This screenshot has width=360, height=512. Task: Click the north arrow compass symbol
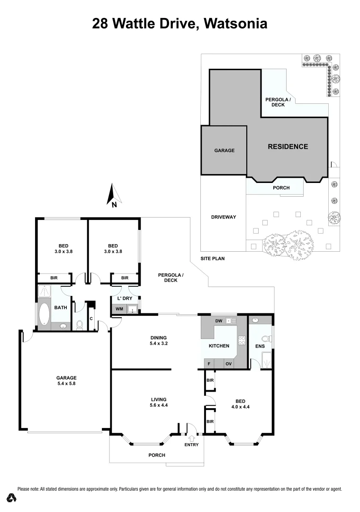tap(112, 195)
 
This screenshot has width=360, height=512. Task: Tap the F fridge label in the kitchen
tap(209, 364)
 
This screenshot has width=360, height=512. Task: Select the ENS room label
tap(260, 346)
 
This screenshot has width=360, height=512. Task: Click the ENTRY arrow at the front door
tap(192, 439)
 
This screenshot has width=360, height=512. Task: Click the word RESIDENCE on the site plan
tap(288, 146)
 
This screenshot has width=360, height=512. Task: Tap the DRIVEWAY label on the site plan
tap(223, 217)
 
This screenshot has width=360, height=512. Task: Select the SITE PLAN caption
tap(213, 259)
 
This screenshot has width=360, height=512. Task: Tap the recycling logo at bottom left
tap(12, 497)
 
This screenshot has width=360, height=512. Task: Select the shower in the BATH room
tap(45, 292)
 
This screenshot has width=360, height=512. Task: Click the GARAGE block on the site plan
tap(224, 150)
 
